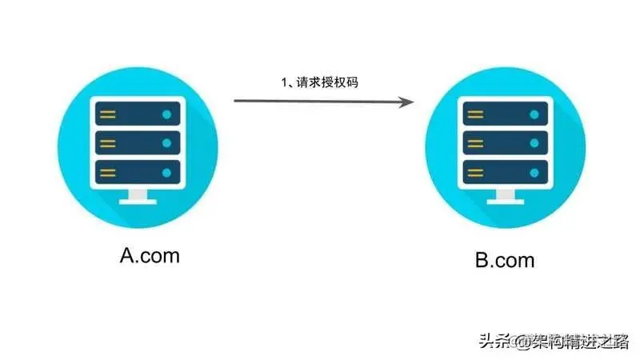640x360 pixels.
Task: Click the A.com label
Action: pos(150,256)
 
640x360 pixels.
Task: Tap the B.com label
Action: pos(504,261)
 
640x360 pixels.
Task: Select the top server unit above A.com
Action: pos(138,114)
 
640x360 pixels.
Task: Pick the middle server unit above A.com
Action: pos(138,143)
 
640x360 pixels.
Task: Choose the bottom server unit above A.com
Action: pos(138,172)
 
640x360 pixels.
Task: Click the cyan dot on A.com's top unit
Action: pos(166,114)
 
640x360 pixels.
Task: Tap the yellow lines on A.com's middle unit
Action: pos(108,143)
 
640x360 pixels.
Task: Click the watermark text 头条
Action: pos(494,342)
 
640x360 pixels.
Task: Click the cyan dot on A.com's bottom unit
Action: pos(166,172)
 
